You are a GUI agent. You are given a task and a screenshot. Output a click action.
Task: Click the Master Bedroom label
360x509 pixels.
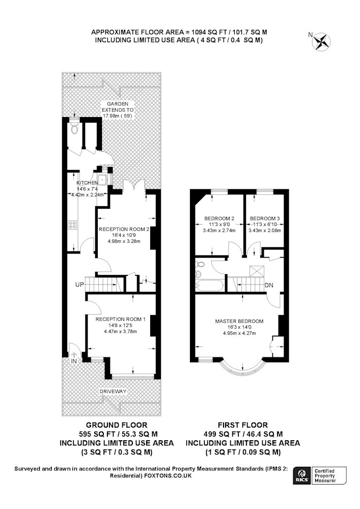click(239, 321)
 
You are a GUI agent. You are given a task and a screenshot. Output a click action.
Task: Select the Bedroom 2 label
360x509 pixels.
click(219, 218)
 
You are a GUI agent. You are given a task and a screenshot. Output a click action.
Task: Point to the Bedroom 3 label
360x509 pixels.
click(265, 218)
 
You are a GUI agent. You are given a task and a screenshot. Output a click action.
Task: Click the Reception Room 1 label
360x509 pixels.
click(121, 319)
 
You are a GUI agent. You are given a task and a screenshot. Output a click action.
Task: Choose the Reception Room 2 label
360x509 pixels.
click(124, 229)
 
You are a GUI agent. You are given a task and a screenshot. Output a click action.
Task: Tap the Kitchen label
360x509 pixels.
click(87, 183)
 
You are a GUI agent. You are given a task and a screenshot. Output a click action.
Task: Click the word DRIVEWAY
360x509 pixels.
click(113, 391)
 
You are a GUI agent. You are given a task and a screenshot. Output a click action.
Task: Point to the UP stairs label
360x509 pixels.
click(79, 285)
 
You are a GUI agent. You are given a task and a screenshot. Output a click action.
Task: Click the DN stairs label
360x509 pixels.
click(269, 286)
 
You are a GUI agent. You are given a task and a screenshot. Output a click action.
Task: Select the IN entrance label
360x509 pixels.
click(74, 361)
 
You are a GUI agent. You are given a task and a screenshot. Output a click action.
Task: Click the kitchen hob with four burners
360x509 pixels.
click(73, 225)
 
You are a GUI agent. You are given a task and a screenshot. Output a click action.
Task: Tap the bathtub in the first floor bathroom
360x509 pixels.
click(209, 286)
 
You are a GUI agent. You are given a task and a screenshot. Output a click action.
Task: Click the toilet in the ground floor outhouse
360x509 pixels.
click(75, 127)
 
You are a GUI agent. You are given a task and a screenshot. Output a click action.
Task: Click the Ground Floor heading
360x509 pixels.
click(117, 425)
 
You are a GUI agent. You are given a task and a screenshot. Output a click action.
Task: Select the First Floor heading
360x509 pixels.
click(243, 425)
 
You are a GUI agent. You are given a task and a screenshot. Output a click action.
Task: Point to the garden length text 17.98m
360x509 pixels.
click(111, 116)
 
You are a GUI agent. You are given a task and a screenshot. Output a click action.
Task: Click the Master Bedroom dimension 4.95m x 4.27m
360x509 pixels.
click(239, 333)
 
